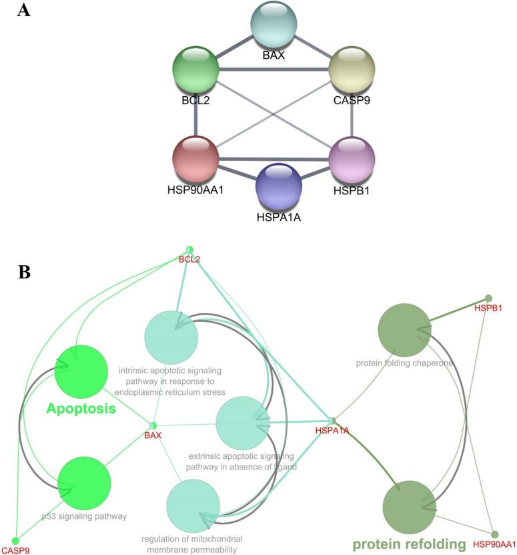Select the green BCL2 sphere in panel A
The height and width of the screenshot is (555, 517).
(x=195, y=70)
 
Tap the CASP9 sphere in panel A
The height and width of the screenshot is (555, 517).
(x=352, y=70)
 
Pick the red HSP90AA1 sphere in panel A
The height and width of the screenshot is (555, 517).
(x=195, y=159)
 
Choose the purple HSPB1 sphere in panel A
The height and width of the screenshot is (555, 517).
(x=352, y=159)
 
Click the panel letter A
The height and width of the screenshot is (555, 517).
(x=24, y=12)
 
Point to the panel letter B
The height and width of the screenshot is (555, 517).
(x=24, y=273)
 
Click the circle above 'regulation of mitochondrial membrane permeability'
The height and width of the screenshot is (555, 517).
(x=193, y=505)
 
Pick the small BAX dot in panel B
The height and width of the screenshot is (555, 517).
(x=153, y=425)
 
